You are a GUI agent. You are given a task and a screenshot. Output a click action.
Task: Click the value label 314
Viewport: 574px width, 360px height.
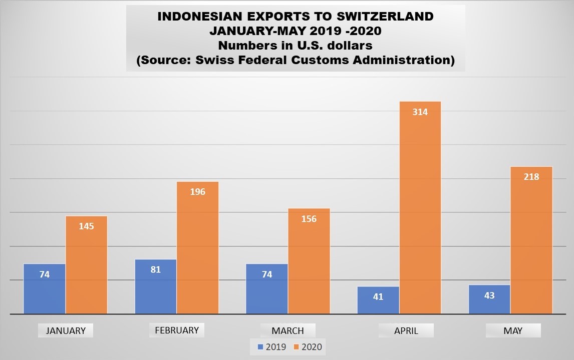pyautogui.click(x=420, y=112)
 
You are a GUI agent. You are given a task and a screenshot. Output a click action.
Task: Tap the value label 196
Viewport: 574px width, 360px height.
pyautogui.click(x=198, y=192)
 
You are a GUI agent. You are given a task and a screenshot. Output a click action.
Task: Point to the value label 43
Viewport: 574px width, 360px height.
pyautogui.click(x=489, y=295)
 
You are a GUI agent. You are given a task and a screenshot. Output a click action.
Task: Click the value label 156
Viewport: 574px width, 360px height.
pyautogui.click(x=309, y=219)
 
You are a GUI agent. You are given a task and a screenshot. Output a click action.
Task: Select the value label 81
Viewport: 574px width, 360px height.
pyautogui.click(x=156, y=269)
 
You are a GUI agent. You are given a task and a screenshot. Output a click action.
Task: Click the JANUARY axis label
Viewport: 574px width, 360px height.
pyautogui.click(x=66, y=330)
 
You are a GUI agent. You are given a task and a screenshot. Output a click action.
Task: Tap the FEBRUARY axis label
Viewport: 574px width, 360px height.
pyautogui.click(x=177, y=330)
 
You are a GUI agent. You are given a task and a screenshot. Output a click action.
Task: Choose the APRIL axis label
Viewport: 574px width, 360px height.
pyautogui.click(x=406, y=330)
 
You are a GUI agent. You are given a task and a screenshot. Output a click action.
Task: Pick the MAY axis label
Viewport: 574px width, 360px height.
pyautogui.click(x=513, y=330)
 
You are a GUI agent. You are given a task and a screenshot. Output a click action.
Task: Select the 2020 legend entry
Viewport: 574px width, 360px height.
pyautogui.click(x=307, y=346)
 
